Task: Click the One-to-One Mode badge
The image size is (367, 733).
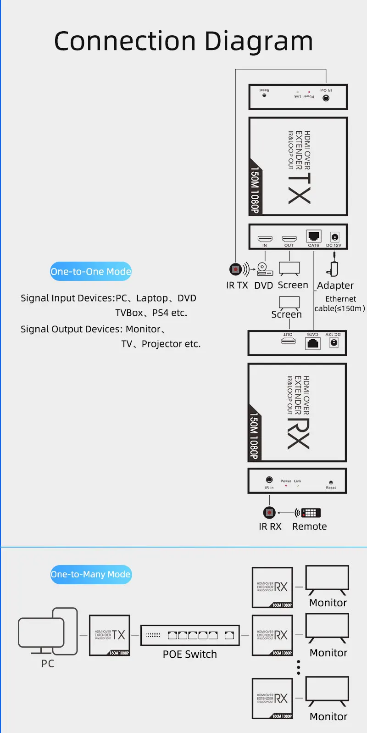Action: pyautogui.click(x=91, y=271)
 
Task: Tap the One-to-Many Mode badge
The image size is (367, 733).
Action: pyautogui.click(x=91, y=574)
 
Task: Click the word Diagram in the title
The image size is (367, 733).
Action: pyautogui.click(x=259, y=41)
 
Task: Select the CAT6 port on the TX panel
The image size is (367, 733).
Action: pyautogui.click(x=314, y=236)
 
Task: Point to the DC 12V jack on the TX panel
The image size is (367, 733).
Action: pyautogui.click(x=335, y=237)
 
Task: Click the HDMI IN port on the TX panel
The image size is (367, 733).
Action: pyautogui.click(x=265, y=239)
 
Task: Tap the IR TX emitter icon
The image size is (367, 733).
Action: pyautogui.click(x=236, y=269)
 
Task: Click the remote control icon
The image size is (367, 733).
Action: pyautogui.click(x=310, y=513)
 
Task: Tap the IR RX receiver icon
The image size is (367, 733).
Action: pyautogui.click(x=269, y=512)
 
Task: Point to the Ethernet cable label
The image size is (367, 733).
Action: pyautogui.click(x=340, y=303)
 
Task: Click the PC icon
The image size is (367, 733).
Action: pyautogui.click(x=47, y=631)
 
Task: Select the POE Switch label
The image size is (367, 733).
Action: pyautogui.click(x=190, y=654)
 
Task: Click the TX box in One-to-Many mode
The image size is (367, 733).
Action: pyautogui.click(x=110, y=635)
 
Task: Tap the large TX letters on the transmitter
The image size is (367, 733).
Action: pyautogui.click(x=300, y=188)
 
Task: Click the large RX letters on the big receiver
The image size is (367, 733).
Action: pyautogui.click(x=299, y=434)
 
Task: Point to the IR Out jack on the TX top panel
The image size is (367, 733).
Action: pyautogui.click(x=326, y=98)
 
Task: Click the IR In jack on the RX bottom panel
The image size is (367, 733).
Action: pyautogui.click(x=269, y=480)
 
